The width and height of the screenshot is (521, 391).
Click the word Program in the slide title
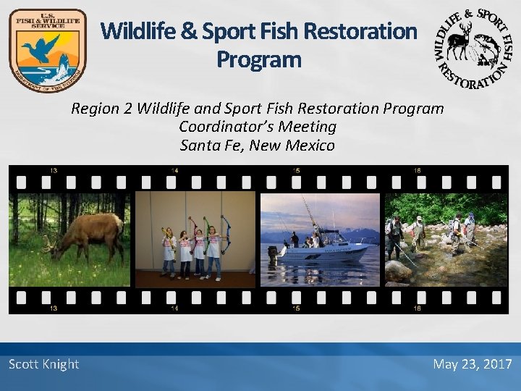pyautogui.click(x=258, y=59)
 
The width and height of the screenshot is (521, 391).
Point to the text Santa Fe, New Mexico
pyautogui.click(x=257, y=146)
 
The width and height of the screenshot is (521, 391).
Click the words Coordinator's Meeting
pyautogui.click(x=257, y=127)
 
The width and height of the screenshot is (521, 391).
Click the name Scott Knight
pyautogui.click(x=43, y=364)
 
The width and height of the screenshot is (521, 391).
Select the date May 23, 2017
pyautogui.click(x=472, y=364)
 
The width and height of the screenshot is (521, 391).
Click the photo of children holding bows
pyautogui.click(x=195, y=239)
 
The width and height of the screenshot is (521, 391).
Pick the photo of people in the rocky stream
pyautogui.click(x=445, y=239)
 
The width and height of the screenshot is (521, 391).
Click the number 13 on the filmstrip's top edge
pyautogui.click(x=54, y=171)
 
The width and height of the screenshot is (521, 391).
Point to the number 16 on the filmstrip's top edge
pyautogui.click(x=418, y=171)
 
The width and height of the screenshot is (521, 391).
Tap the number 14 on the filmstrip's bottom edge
pyautogui.click(x=174, y=308)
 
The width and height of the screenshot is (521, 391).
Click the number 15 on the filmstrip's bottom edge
pyautogui.click(x=296, y=308)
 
